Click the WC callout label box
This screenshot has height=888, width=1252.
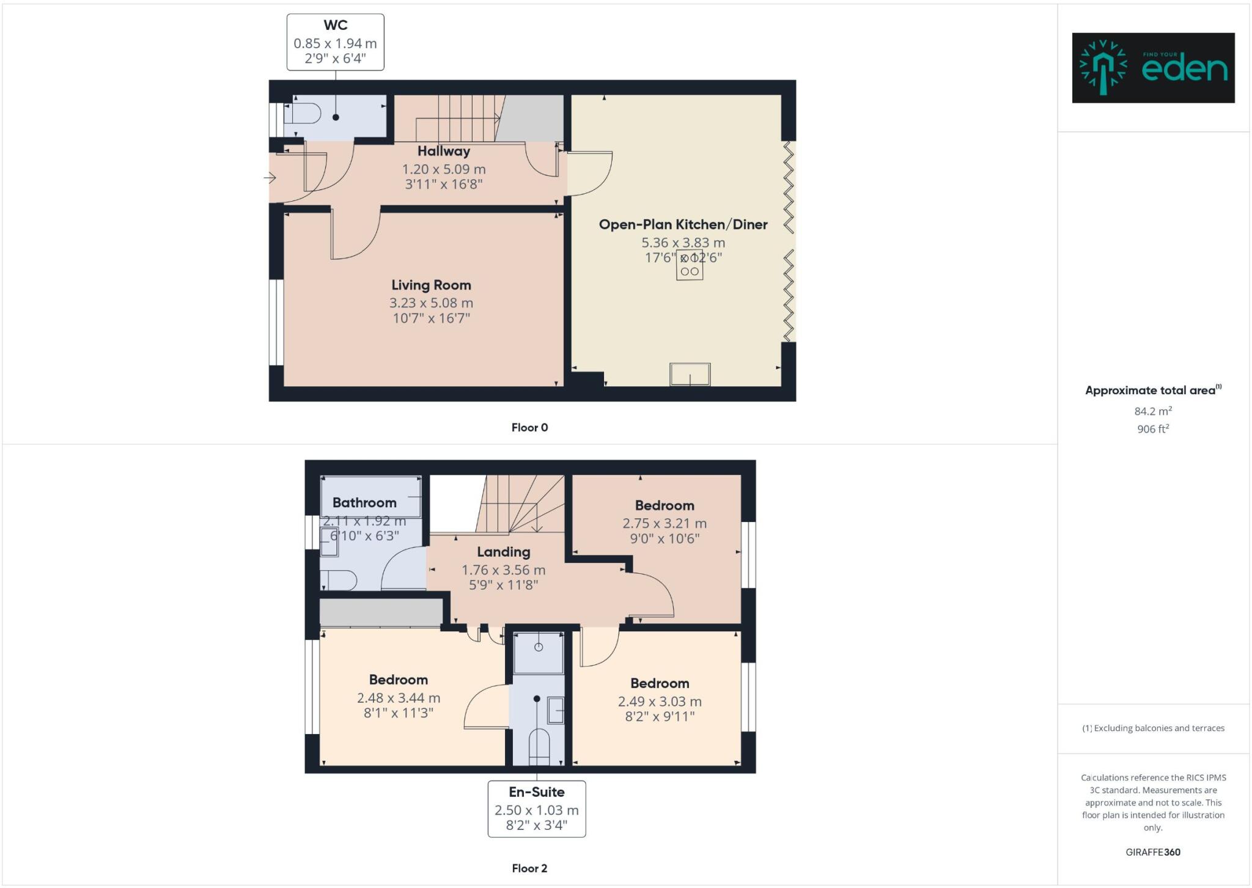click(335, 42)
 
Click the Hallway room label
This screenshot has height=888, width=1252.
click(444, 151)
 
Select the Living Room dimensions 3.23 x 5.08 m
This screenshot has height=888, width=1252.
click(431, 303)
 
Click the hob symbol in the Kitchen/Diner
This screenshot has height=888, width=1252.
click(690, 265)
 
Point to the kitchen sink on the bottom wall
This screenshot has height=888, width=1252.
click(690, 374)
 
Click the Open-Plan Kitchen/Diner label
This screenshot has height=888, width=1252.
click(683, 224)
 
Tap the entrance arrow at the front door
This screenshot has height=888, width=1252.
click(270, 178)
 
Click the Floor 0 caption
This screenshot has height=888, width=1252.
click(529, 427)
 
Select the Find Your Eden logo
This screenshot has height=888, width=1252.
click(1153, 68)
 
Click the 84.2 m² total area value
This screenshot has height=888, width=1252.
click(1152, 411)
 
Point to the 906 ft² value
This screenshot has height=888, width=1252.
click(1152, 429)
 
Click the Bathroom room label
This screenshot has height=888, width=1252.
click(364, 502)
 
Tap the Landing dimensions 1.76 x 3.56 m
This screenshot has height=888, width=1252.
click(503, 570)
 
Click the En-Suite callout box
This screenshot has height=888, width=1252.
click(536, 809)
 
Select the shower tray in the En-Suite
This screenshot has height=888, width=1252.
click(538, 653)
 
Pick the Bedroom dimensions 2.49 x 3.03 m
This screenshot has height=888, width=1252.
click(660, 702)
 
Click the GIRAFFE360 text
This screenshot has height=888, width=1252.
click(1152, 852)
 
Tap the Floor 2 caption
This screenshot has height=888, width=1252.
click(529, 868)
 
